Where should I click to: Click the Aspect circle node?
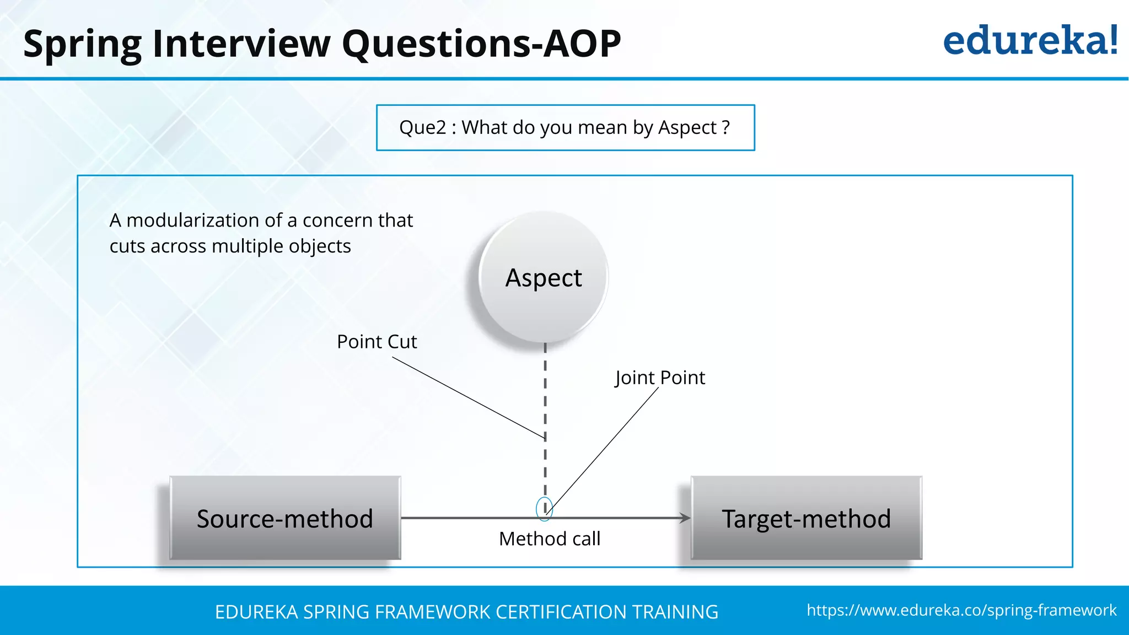(x=544, y=277)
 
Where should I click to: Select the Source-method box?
(x=285, y=518)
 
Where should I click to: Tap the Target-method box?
(x=806, y=518)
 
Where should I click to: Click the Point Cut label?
(x=377, y=342)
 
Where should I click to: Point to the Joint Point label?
(x=660, y=378)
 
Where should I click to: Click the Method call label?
(x=550, y=539)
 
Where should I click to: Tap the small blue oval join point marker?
(x=544, y=508)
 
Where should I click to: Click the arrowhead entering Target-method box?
(x=685, y=518)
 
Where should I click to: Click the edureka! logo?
(x=1030, y=41)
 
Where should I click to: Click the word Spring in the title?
(x=83, y=44)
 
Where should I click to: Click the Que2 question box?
(x=565, y=127)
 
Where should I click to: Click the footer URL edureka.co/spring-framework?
(x=961, y=610)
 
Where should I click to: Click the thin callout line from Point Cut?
(x=469, y=397)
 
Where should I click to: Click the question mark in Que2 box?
(x=726, y=127)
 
